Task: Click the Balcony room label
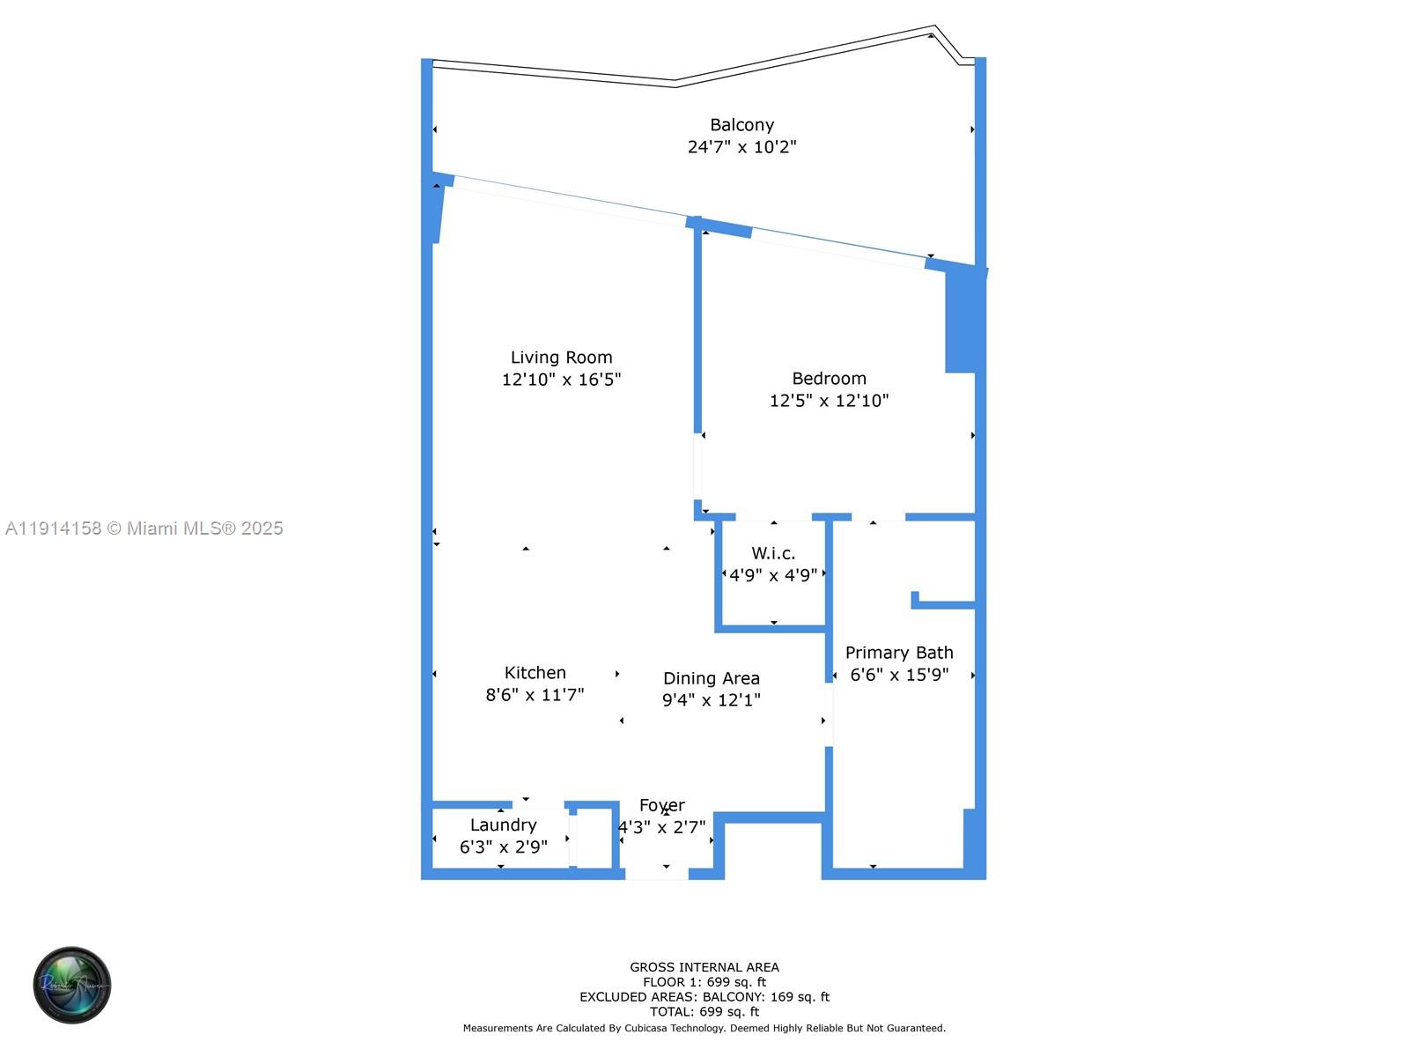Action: (x=741, y=125)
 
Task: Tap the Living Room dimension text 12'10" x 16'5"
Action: (x=561, y=380)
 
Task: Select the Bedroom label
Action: (x=829, y=379)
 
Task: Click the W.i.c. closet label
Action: (x=773, y=553)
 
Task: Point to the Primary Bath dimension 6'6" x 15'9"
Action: (x=899, y=675)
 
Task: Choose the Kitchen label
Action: (x=535, y=673)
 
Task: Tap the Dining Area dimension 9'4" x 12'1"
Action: (x=711, y=700)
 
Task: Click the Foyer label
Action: (x=661, y=805)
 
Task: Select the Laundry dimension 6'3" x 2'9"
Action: (x=503, y=846)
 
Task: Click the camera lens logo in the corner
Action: (x=72, y=985)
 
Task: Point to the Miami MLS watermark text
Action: (x=144, y=528)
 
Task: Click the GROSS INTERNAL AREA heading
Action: (x=704, y=967)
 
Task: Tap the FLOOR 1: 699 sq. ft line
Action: (x=704, y=982)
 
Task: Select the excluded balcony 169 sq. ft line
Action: (x=704, y=997)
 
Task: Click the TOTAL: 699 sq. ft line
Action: (x=704, y=1012)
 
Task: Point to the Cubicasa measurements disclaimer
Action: (x=704, y=1028)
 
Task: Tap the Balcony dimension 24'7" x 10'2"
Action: (x=741, y=147)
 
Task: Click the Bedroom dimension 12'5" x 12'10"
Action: (x=829, y=401)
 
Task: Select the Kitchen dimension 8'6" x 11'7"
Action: (x=535, y=695)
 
